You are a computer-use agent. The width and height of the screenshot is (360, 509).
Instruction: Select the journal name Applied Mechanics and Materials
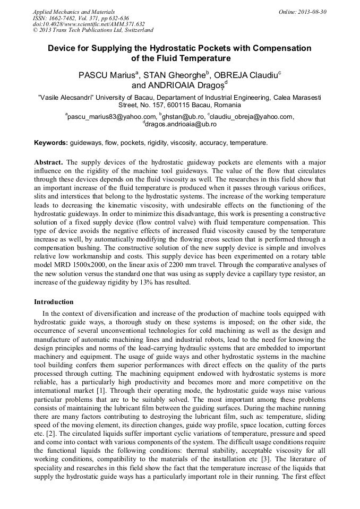coord(74,12)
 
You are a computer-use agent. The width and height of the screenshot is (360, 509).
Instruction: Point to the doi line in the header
coord(89,24)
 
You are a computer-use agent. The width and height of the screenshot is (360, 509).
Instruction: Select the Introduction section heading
coord(54,301)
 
